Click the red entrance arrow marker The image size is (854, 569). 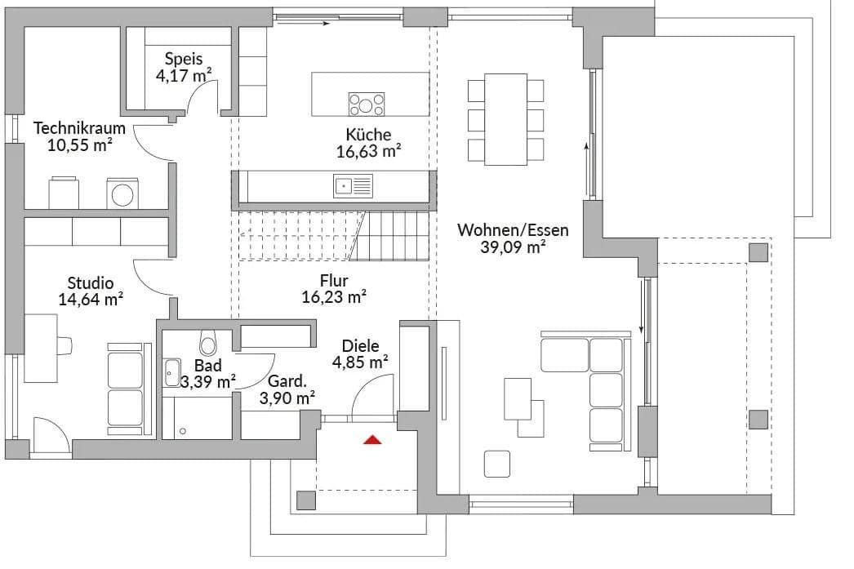pos(373,440)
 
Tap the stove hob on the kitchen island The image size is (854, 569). pos(367,104)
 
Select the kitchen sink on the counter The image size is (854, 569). pos(352,187)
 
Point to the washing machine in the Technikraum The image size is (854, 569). pos(123,194)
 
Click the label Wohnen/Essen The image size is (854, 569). pos(513,230)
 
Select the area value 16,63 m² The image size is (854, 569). pos(368,151)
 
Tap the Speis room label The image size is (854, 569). pos(183,59)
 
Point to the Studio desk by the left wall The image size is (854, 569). pos(40,347)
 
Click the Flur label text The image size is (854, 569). pos(334,281)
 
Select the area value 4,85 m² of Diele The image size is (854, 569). pos(360,362)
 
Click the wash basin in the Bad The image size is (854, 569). pos(171,372)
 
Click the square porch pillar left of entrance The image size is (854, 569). pos(306,500)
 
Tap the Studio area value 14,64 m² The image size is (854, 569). pos(91,299)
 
